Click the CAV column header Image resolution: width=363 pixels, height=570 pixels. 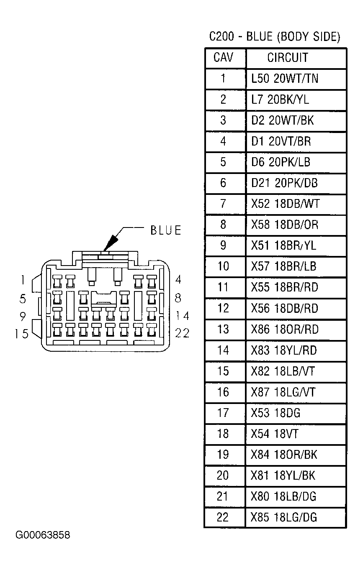click(x=223, y=58)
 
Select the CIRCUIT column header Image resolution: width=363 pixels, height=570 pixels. click(x=288, y=58)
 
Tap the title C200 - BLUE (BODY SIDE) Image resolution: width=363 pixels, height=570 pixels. click(x=275, y=37)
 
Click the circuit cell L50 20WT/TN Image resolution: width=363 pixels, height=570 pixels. click(x=285, y=78)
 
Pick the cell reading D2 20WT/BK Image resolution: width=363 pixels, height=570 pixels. click(x=283, y=120)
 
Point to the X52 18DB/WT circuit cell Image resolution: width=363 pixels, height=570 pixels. click(x=285, y=204)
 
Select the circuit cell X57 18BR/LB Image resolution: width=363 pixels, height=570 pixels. click(x=284, y=266)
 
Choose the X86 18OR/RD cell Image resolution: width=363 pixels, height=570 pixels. click(x=285, y=329)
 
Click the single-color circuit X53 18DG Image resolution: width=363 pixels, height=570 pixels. click(x=275, y=413)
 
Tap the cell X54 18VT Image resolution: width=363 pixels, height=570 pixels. click(x=275, y=434)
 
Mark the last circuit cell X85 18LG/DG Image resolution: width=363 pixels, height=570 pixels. click(x=284, y=517)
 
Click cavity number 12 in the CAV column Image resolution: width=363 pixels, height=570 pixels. click(x=223, y=308)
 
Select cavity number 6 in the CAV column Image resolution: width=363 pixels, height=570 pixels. click(x=223, y=183)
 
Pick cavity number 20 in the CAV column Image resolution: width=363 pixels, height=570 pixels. click(x=223, y=475)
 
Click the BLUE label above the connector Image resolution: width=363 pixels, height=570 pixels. click(x=166, y=230)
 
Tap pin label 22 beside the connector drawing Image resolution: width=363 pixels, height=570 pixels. click(x=183, y=333)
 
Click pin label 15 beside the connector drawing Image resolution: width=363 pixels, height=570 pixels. click(x=22, y=334)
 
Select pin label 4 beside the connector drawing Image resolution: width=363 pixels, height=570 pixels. click(x=178, y=280)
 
